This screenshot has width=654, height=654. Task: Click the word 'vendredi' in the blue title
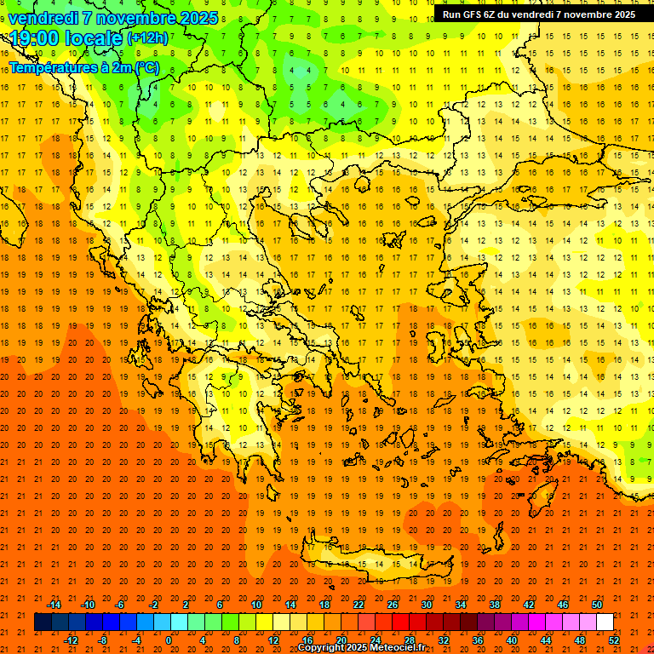click(x=43, y=17)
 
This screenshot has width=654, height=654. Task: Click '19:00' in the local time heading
click(x=32, y=37)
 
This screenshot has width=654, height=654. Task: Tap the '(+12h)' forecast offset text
click(x=147, y=37)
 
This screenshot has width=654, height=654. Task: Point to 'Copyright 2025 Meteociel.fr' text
click(x=361, y=648)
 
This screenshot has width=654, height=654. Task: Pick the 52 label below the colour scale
click(x=614, y=640)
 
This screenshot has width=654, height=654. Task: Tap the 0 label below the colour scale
click(x=169, y=640)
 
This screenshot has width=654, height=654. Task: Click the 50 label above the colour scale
click(x=597, y=604)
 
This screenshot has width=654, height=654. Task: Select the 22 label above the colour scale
click(x=359, y=604)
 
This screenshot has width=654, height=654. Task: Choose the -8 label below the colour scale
click(x=102, y=640)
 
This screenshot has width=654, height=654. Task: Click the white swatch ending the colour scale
click(x=605, y=622)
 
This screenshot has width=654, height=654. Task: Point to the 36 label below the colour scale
click(x=478, y=640)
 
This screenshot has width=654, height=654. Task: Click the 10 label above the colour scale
click(x=256, y=604)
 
